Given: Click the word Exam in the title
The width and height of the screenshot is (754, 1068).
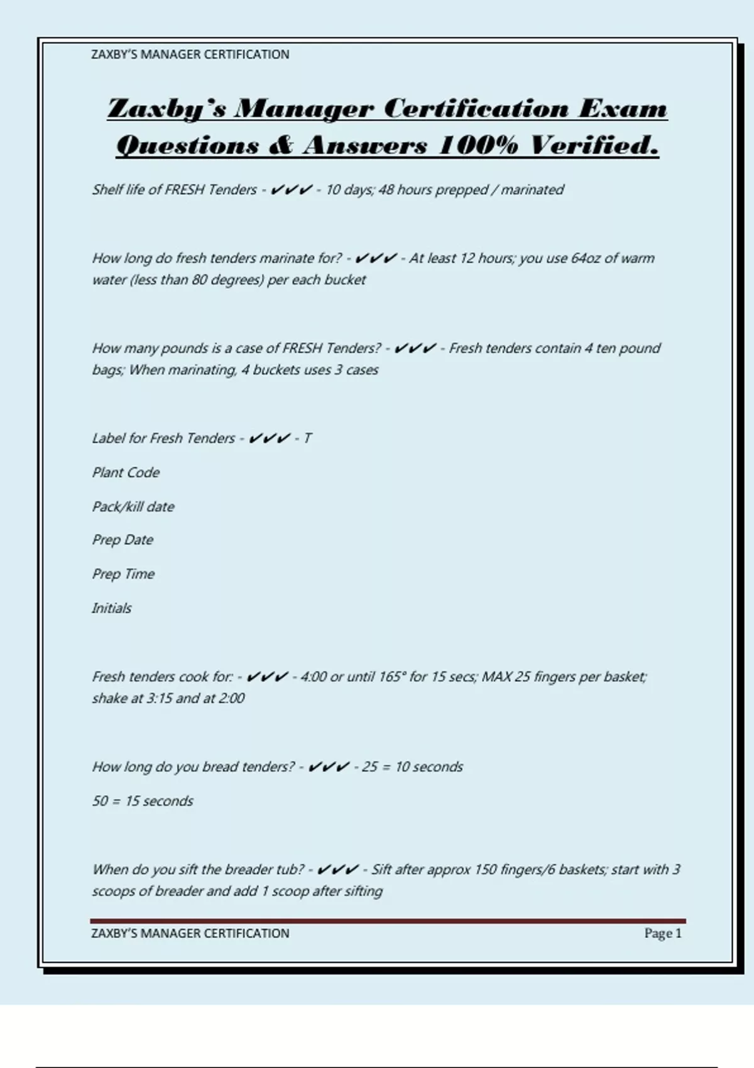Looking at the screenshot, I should tap(623, 109).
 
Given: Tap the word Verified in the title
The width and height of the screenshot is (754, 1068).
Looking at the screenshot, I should tap(593, 145).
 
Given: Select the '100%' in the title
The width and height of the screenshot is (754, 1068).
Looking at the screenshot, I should tap(478, 145).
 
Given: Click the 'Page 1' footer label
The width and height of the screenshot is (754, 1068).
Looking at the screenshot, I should tap(662, 934).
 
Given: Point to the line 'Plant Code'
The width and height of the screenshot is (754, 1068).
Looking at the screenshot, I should tap(126, 472).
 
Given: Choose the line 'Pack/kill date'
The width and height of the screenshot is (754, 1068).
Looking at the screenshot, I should tap(133, 506).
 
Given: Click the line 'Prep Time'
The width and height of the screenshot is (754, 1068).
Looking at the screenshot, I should tap(123, 574).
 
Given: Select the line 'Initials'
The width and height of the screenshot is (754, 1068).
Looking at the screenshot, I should tap(112, 608).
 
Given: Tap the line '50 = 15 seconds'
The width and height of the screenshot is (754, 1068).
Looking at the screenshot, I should tap(143, 801).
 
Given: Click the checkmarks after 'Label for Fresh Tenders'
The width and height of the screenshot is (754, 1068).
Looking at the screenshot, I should tap(269, 439).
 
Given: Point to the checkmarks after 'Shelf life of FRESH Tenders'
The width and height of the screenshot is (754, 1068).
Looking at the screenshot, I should tap(291, 190).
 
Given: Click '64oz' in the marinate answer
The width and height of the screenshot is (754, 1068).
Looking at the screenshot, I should tap(586, 258).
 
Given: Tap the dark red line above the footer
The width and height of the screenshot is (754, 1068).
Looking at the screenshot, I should tap(388, 921).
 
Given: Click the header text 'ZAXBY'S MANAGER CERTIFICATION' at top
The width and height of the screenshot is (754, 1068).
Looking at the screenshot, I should tap(190, 55).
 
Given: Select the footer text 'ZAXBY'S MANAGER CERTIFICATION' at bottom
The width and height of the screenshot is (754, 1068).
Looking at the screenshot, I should tap(190, 934).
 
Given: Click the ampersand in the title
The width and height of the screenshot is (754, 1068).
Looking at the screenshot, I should tap(281, 145).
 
